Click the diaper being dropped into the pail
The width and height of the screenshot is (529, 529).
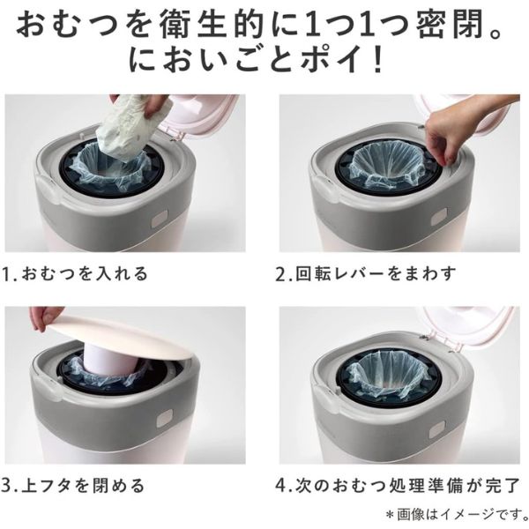coord(126,128)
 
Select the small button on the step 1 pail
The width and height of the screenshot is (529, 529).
coord(160,219)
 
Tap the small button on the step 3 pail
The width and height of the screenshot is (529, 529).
coord(164,420)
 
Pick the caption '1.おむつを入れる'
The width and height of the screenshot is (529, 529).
coord(75,273)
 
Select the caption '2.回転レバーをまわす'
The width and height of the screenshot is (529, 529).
coord(366,273)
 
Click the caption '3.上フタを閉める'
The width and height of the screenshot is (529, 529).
coord(73,486)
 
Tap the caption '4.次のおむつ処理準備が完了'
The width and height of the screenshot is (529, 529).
coord(399,486)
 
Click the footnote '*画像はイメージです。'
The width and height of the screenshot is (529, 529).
coord(457,515)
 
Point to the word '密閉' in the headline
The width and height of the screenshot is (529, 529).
coord(458,26)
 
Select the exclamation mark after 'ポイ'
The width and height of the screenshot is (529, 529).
coord(378,61)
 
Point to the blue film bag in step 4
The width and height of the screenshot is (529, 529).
coord(388,375)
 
